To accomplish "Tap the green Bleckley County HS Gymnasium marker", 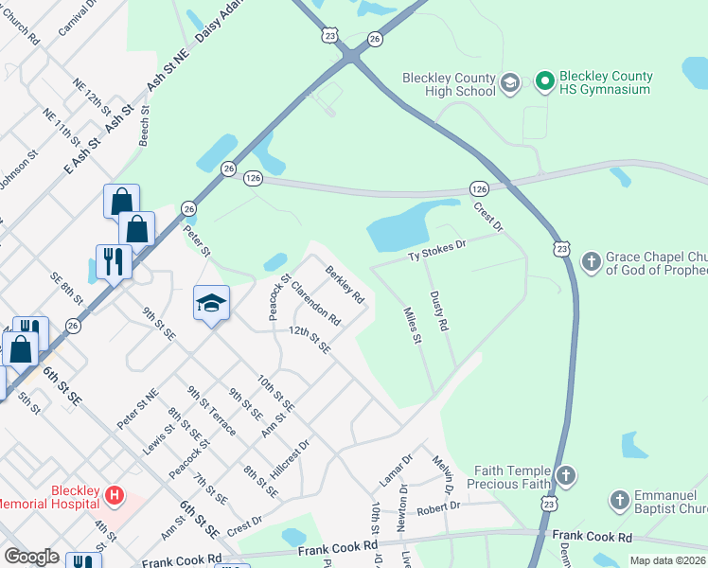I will coord(544,82).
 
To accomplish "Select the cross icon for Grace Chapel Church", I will coord(591,261).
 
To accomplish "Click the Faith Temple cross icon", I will coord(565,476).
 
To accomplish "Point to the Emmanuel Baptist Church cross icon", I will coord(619,500).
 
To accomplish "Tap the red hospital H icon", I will coord(114,494).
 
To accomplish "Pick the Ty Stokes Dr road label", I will coord(437,250).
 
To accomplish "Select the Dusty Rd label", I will coord(438,311).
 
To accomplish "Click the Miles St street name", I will coord(412,326).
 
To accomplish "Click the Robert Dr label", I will coord(437,506).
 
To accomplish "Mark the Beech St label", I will coord(144,127).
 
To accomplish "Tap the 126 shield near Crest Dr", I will coord(478,189).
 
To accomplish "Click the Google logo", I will coord(31,557).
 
